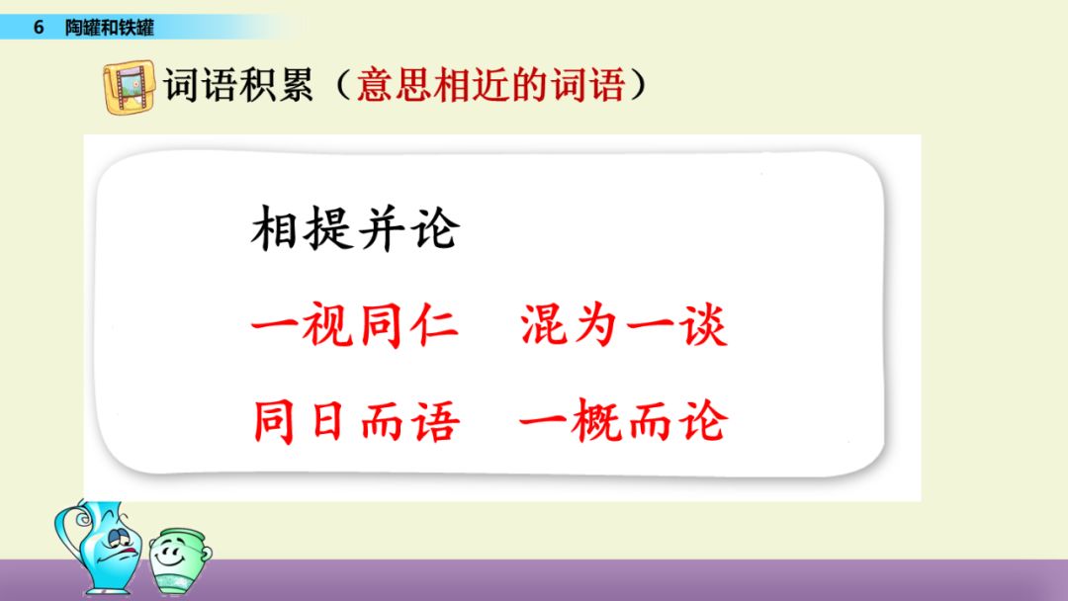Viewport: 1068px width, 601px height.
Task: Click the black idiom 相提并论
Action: pos(356,228)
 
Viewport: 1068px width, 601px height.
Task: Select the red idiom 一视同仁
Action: pos(355,324)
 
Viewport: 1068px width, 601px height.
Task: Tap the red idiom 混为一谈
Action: pos(623,324)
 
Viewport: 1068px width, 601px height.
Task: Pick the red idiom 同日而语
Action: pos(356,421)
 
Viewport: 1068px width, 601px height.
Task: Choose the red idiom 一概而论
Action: pos(623,421)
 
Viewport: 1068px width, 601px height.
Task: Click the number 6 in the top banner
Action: pos(39,28)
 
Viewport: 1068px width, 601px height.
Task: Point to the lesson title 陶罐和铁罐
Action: pos(110,28)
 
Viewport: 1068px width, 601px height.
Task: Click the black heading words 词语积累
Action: pos(237,85)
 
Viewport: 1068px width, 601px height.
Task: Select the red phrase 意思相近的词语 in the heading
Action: pos(490,85)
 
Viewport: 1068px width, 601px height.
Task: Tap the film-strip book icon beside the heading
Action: pos(130,86)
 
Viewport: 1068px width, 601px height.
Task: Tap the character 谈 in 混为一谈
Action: pos(703,324)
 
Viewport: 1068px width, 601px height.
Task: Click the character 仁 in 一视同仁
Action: pos(435,324)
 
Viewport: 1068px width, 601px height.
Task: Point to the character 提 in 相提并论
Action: pos(328,228)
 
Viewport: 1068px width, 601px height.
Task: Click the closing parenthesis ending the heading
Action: pos(638,86)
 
